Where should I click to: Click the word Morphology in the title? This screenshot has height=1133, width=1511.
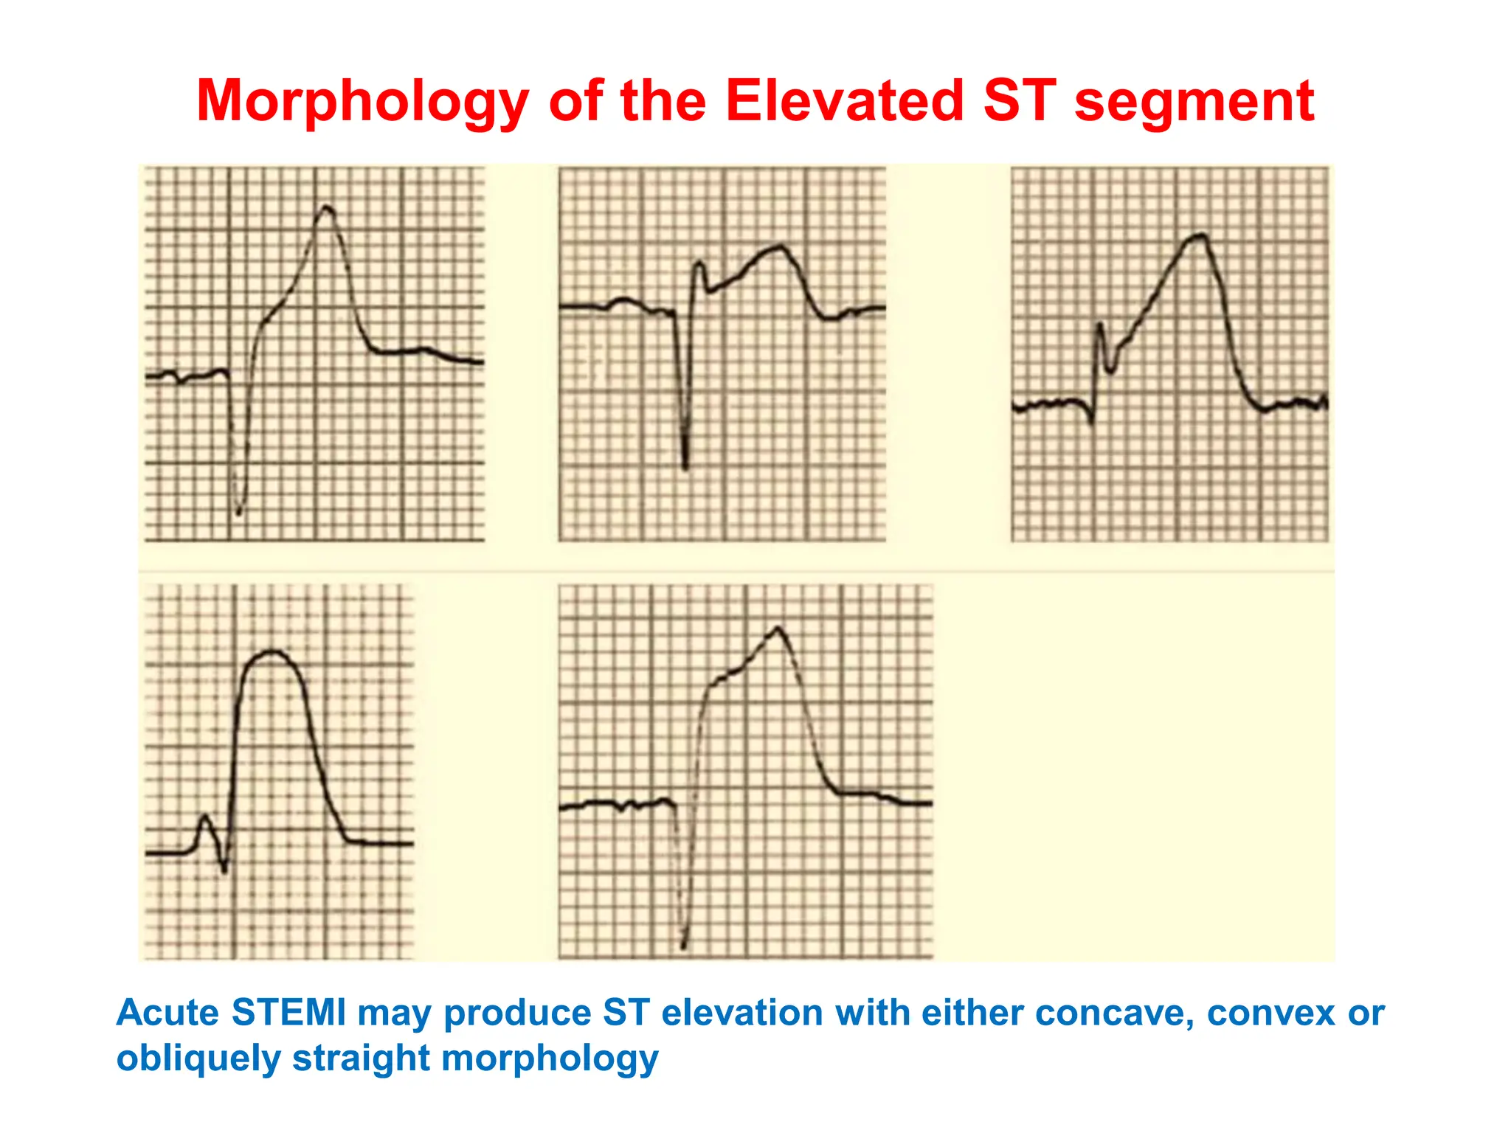click(x=362, y=102)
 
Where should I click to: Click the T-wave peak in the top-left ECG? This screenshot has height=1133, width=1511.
click(x=325, y=208)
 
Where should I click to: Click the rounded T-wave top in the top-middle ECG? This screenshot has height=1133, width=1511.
click(x=778, y=247)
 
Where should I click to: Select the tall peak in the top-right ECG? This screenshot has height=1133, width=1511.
click(x=1199, y=236)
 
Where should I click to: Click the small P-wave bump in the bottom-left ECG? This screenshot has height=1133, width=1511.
click(x=204, y=817)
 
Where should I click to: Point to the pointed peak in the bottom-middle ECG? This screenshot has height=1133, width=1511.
click(x=778, y=628)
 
